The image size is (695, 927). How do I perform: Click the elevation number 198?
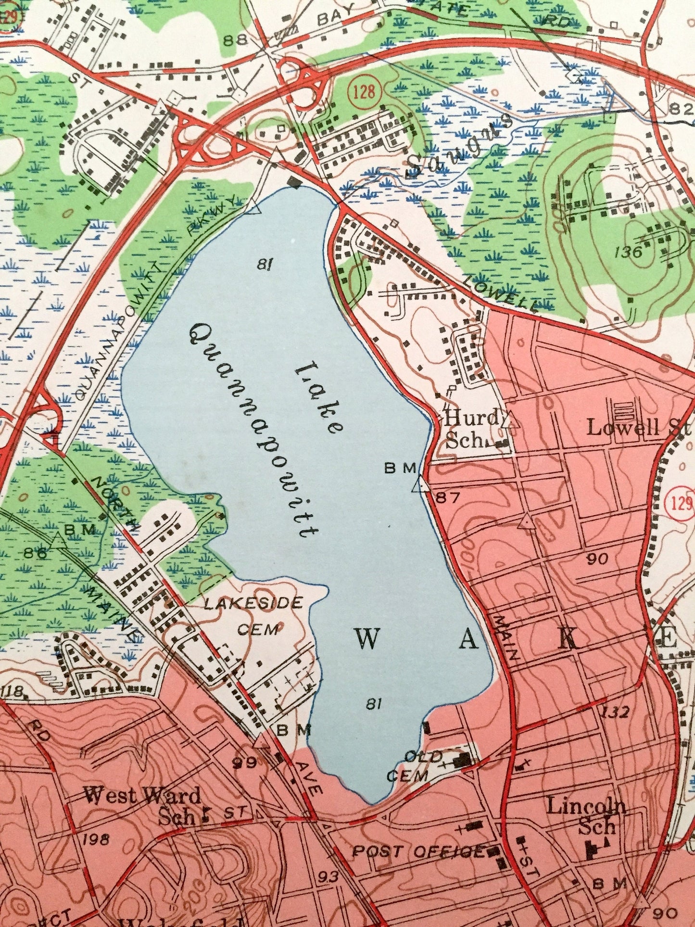click(x=95, y=840)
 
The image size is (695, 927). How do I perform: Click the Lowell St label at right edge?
click(x=639, y=427)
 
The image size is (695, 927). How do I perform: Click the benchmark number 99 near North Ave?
click(x=244, y=762)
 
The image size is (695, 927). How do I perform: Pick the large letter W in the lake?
click(x=367, y=639)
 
